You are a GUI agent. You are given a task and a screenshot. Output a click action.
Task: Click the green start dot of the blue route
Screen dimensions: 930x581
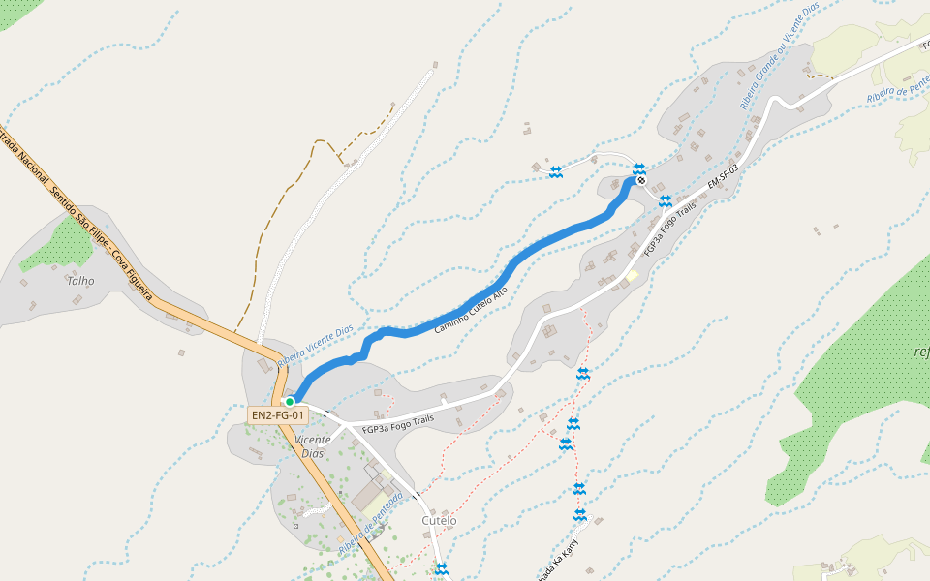coord(289,401)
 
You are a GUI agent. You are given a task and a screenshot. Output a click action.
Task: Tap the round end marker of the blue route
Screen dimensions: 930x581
coord(640,180)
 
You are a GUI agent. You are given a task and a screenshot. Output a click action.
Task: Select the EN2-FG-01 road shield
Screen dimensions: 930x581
coord(278,415)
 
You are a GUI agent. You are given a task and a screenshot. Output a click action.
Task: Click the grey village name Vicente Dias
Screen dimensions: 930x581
coord(312,446)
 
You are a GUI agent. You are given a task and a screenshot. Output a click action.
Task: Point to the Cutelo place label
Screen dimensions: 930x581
coord(439,521)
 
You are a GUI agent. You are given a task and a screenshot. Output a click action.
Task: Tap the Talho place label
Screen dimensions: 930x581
coord(81,281)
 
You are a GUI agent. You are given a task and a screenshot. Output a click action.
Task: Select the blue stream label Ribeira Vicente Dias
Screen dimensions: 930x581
coord(315,347)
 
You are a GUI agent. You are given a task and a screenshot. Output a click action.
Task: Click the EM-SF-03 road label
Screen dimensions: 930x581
coord(723,176)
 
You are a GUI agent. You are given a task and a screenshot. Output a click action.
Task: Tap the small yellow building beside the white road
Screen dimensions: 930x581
coord(632,276)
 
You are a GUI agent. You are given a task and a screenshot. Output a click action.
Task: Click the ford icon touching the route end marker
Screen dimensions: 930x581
coord(639,169)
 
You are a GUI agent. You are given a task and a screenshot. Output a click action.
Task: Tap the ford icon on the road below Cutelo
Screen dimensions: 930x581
coord(442,568)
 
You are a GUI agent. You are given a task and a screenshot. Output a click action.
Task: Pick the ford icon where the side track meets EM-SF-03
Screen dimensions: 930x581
coord(665,201)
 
